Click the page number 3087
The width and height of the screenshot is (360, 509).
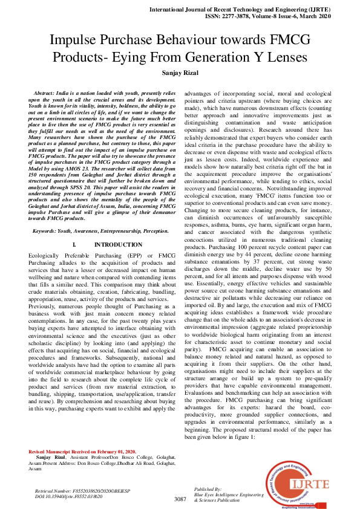[x=180, y=499]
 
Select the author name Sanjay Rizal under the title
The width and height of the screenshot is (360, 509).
[x=180, y=73]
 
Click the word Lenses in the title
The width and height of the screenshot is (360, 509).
[x=287, y=58]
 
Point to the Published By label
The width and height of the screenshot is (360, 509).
[x=208, y=488]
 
